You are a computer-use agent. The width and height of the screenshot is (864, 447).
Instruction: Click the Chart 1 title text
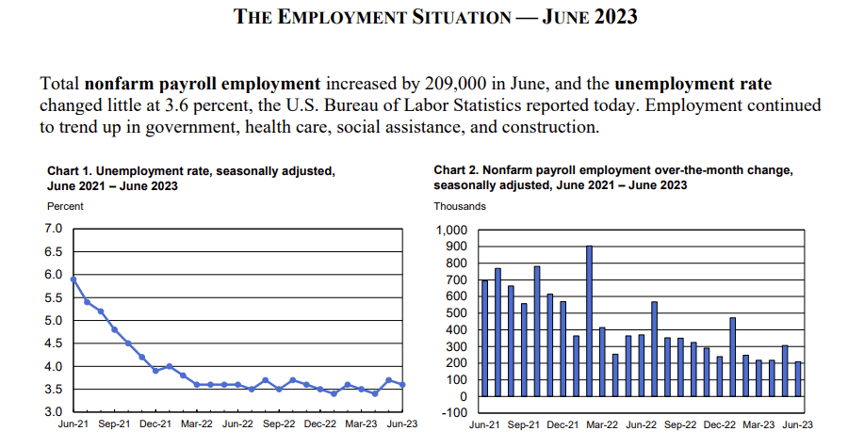pos(191,178)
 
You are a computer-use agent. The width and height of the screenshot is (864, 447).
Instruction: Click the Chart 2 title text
pos(613,178)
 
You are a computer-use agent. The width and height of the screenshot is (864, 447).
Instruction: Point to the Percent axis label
pos(65,206)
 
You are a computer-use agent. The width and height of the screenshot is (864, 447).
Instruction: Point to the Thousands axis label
pos(460,206)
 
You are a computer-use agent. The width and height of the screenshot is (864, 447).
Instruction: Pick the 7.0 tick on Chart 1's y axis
pos(54,229)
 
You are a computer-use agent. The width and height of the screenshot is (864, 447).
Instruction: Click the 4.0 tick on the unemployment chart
pos(54,366)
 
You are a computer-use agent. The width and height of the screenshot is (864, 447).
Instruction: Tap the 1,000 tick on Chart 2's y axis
pos(450,231)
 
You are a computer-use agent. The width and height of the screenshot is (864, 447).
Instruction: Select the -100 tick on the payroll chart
pos(454,413)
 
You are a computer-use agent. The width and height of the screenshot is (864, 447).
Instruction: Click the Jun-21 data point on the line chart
pos(73,279)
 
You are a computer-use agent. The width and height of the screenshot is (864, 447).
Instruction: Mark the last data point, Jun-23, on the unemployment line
pos(402,384)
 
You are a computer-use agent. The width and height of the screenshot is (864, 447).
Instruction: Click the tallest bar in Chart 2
pos(589,321)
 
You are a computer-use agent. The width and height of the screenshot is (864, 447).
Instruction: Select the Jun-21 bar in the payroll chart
pos(484,338)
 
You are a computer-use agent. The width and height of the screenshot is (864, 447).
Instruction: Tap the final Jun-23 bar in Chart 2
pos(798,378)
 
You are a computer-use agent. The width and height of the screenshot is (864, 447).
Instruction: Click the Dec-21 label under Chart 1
pos(155,425)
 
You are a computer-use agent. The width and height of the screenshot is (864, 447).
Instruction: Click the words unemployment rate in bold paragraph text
pos(699,84)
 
